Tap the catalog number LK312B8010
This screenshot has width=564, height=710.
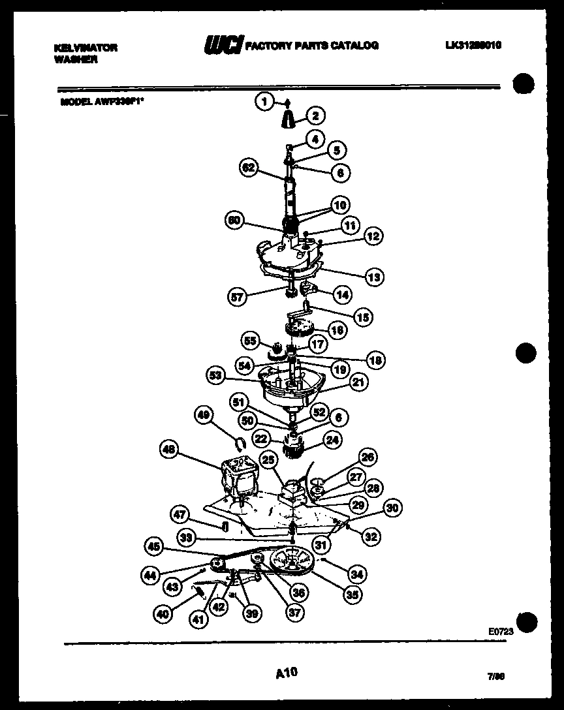click(474, 45)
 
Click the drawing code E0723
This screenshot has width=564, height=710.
click(500, 632)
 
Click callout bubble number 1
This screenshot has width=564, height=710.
click(264, 101)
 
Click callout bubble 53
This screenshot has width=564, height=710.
click(216, 376)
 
